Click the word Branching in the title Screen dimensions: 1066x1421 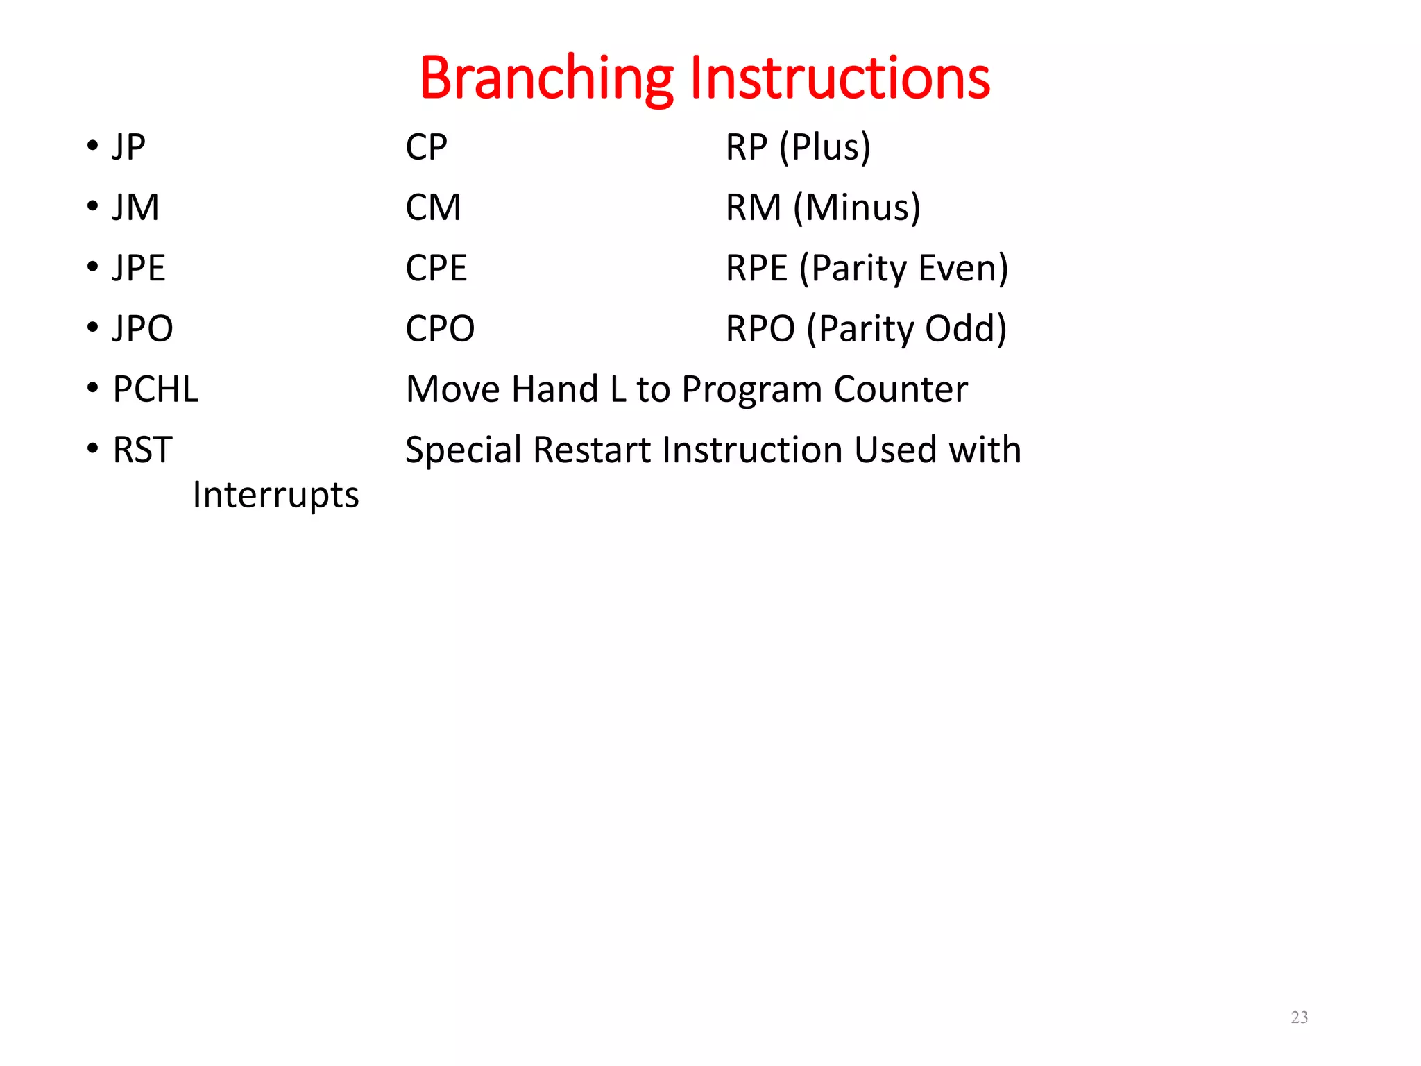[x=546, y=78]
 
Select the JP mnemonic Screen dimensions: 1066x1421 [x=129, y=147]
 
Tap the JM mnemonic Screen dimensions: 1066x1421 [x=136, y=208]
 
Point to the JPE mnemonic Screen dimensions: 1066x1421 [x=139, y=268]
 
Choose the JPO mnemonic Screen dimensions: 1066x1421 [x=143, y=328]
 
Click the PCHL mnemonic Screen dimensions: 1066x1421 [x=155, y=389]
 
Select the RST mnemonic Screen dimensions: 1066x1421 [x=142, y=450]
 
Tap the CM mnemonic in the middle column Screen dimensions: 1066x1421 [x=433, y=208]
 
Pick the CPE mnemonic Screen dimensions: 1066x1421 [x=436, y=268]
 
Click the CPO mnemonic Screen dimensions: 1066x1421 [x=440, y=328]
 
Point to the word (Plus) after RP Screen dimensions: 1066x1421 [x=824, y=147]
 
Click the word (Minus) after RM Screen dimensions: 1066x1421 [x=857, y=208]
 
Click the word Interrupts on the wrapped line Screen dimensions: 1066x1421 [x=275, y=495]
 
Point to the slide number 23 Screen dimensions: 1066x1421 [x=1299, y=1017]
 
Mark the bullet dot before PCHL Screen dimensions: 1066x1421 [x=93, y=388]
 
